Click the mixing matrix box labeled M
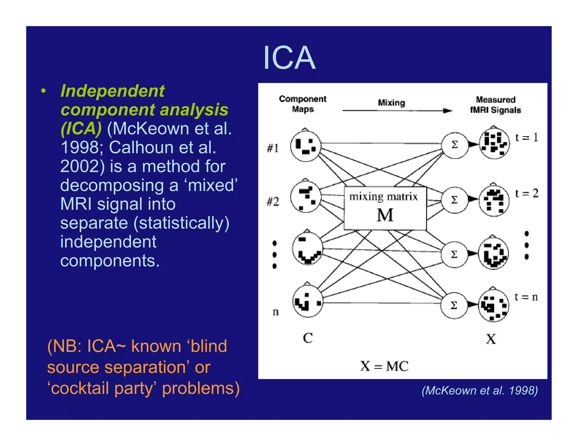tap(385, 208)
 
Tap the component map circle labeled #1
tap(306, 146)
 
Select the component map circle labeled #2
tap(306, 196)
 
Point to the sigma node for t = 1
tap(455, 145)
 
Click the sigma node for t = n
tap(454, 305)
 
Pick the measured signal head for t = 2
tap(494, 200)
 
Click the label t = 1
tap(526, 138)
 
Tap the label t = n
tap(526, 297)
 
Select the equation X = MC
tap(384, 366)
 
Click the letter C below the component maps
tap(308, 338)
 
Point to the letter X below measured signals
tap(491, 339)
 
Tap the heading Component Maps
tap(303, 104)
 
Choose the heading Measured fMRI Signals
tap(496, 105)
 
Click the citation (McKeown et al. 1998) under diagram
tap(480, 390)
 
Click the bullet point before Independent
tap(43, 91)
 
